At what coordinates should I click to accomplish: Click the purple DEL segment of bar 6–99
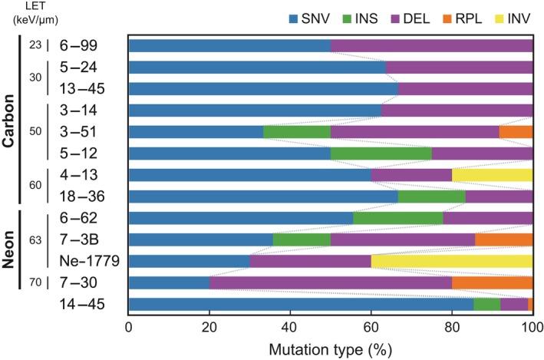(x=431, y=45)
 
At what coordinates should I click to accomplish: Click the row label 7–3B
(x=84, y=239)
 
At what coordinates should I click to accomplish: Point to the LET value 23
(x=34, y=45)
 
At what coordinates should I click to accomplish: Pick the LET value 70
(x=34, y=282)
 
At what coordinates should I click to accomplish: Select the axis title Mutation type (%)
(x=331, y=348)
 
